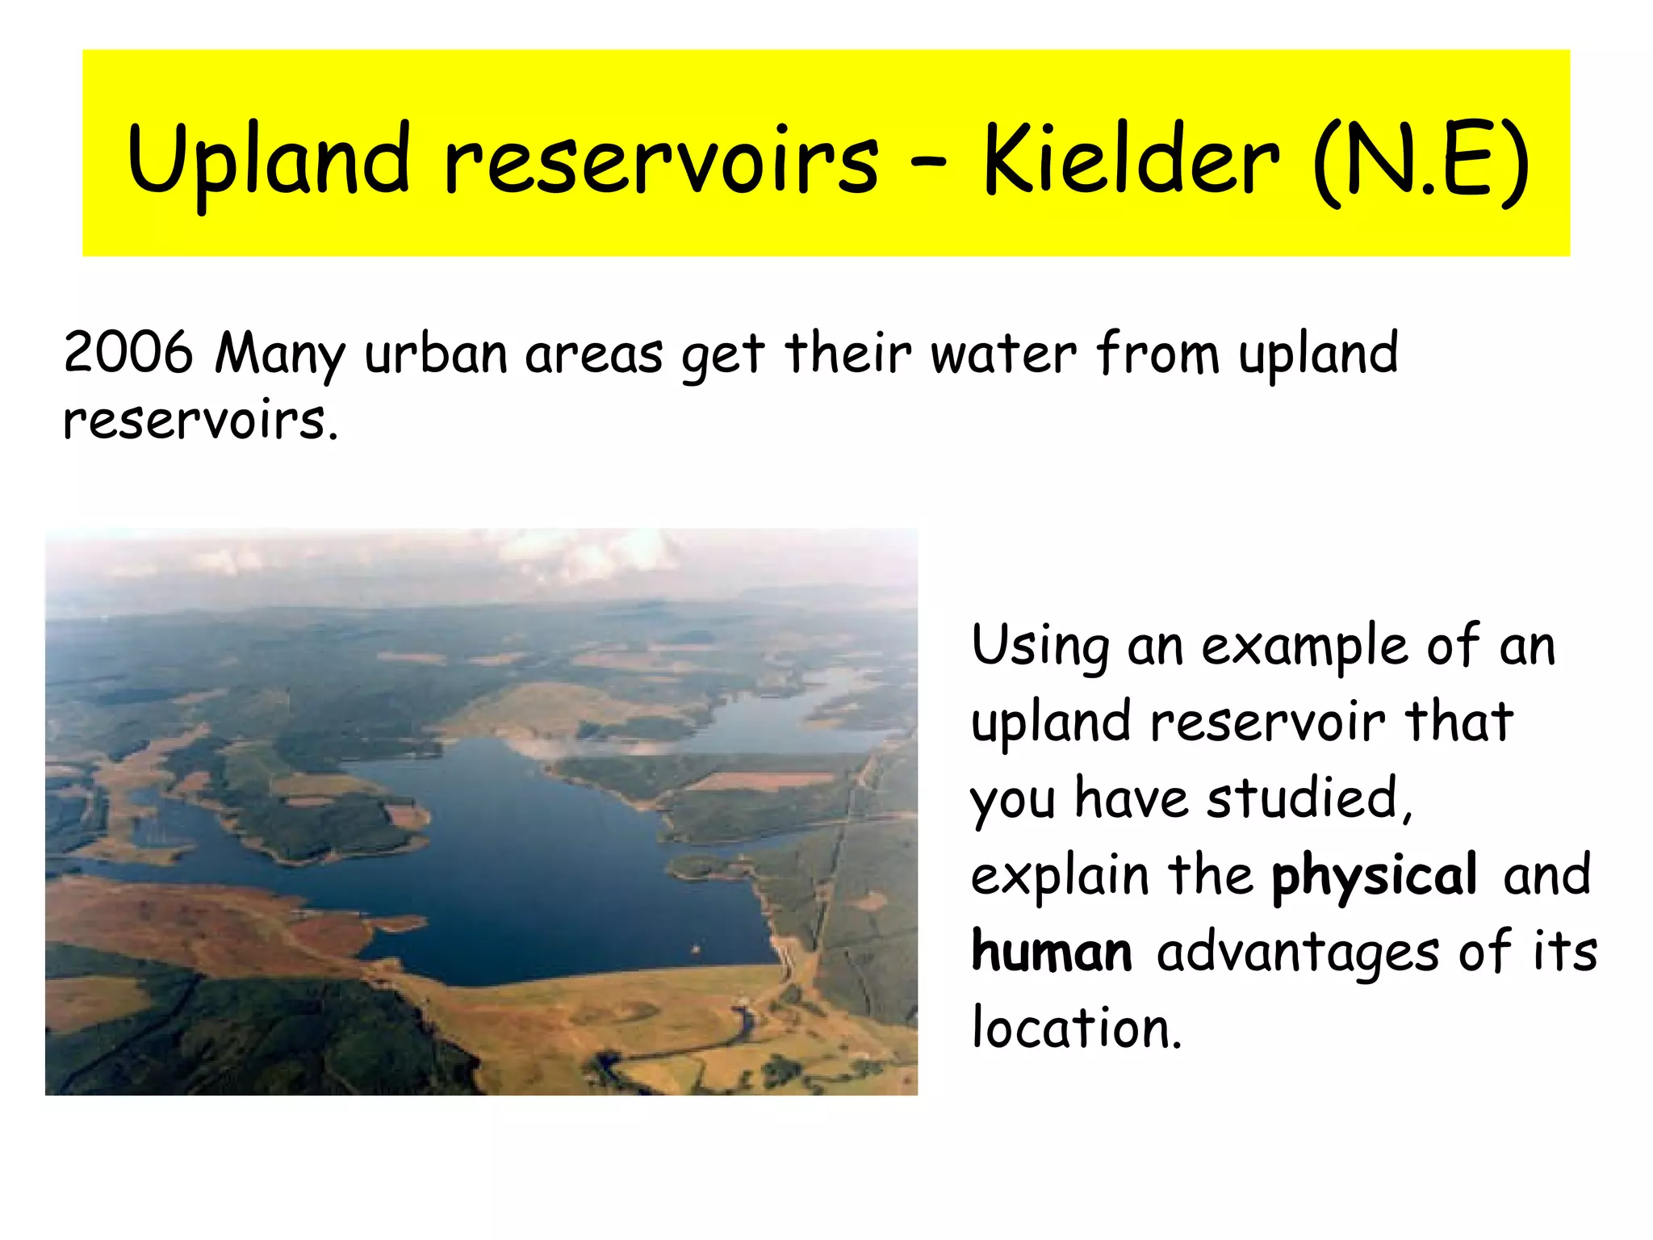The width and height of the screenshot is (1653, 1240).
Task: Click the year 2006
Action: [128, 354]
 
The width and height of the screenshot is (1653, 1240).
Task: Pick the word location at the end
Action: [1076, 1028]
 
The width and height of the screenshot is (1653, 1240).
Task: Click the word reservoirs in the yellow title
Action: [662, 161]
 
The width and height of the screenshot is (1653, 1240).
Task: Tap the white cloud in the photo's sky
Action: [597, 549]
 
